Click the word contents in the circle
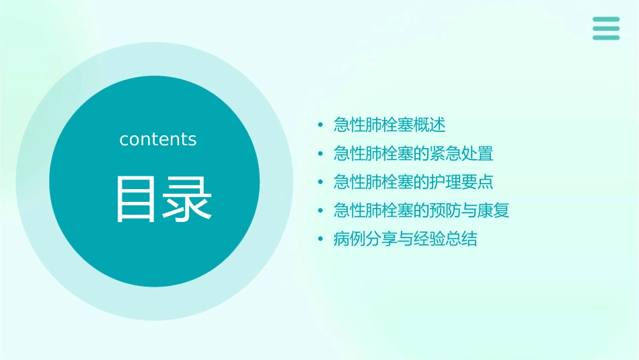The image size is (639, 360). [158, 139]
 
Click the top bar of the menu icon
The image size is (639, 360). [606, 20]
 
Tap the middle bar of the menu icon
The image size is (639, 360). [606, 28]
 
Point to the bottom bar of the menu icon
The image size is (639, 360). [606, 37]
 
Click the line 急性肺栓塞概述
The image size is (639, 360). [389, 125]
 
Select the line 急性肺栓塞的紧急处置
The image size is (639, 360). [413, 153]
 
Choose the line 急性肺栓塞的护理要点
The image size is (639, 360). [413, 182]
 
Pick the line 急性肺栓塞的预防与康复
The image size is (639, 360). [421, 211]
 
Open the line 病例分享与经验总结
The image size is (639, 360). [405, 239]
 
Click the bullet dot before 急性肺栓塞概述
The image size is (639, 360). [321, 126]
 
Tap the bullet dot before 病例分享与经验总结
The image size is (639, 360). [321, 240]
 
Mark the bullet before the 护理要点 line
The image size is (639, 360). [321, 182]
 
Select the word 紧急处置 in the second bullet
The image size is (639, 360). [461, 153]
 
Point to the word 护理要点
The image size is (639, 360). [461, 182]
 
